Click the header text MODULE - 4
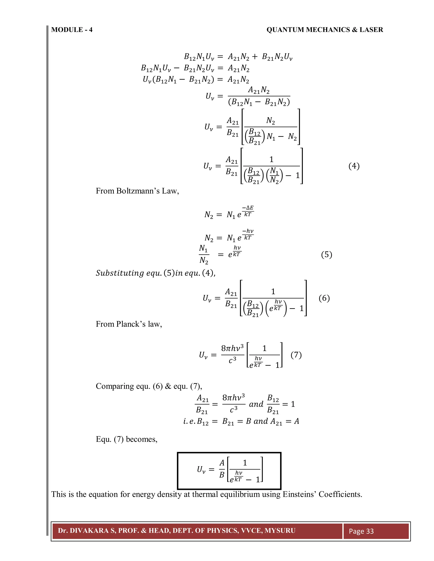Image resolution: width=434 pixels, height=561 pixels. click(72, 30)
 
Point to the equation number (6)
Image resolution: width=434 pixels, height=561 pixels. click(324, 298)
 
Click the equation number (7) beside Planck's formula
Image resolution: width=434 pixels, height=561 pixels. click(296, 355)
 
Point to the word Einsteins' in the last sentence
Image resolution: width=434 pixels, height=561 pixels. click(299, 494)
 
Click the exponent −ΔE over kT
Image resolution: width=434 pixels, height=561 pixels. click(248, 211)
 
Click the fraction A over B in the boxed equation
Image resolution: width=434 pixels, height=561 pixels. click(222, 469)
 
